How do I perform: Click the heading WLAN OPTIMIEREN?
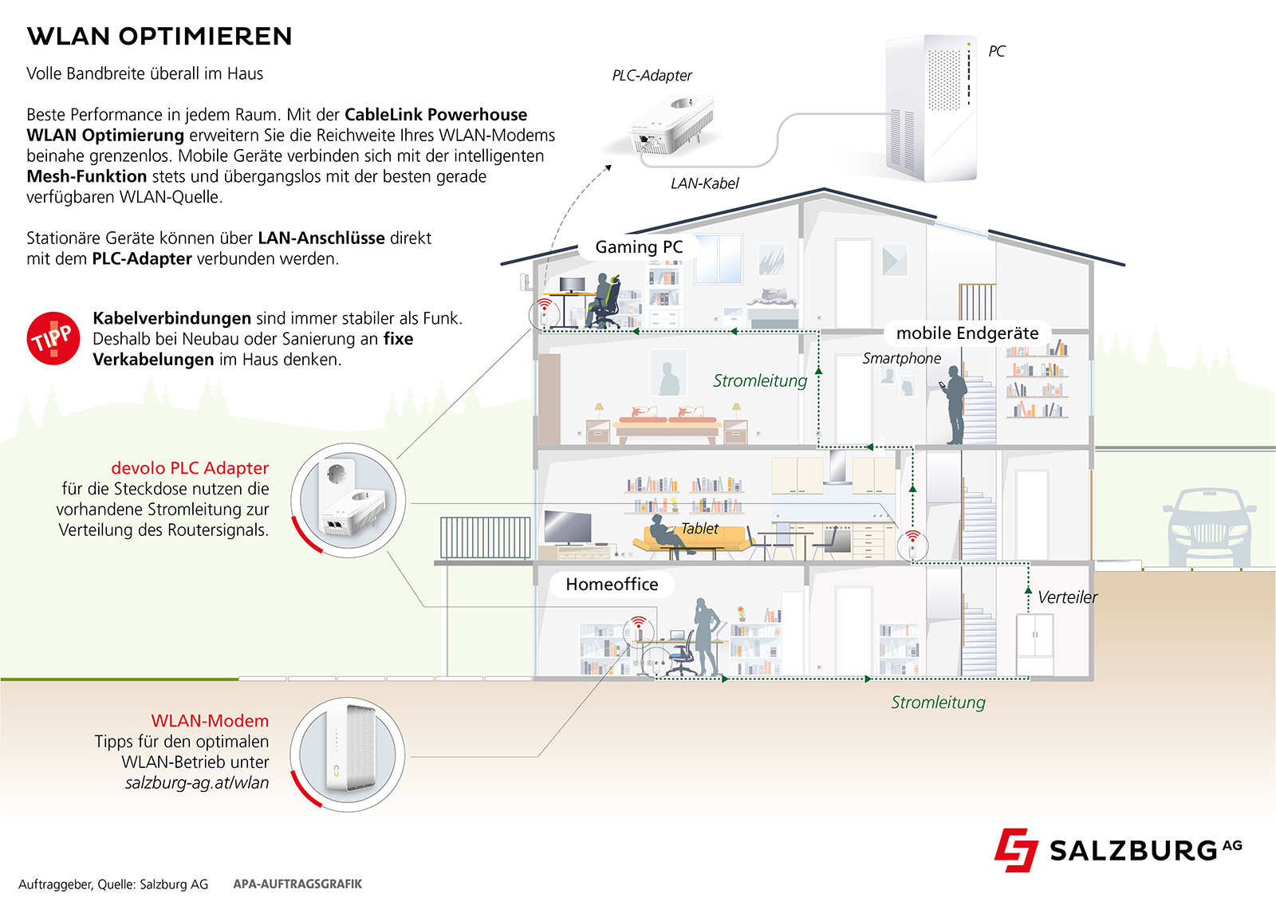pos(159,37)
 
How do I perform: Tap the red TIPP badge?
pos(53,338)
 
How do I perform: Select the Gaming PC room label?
pos(639,247)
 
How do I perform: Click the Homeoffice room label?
pos(612,585)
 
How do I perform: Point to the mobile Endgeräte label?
pos(967,333)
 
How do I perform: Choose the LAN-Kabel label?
pos(704,183)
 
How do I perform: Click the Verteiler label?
pos(1067,597)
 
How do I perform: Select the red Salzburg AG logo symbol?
pos(1015,849)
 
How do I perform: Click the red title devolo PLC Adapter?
pos(190,468)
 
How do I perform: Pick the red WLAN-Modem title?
pos(210,721)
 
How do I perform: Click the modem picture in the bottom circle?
pos(348,754)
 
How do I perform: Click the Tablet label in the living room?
pos(699,529)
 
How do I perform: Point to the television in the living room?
pos(567,527)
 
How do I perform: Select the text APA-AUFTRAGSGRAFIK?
pos(297,884)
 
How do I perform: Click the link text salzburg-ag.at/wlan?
pos(197,783)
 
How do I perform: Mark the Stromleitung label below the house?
pos(938,703)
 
